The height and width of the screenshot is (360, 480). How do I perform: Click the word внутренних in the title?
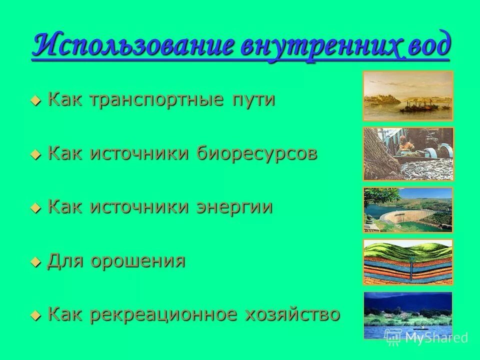click(x=319, y=47)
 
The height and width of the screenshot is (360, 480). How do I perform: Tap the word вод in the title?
click(x=427, y=47)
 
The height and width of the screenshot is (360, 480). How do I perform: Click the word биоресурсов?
click(x=256, y=153)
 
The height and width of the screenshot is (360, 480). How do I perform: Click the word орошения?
click(x=137, y=260)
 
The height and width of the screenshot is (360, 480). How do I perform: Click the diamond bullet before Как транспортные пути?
click(x=35, y=100)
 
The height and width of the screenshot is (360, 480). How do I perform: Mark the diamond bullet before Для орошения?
click(x=35, y=261)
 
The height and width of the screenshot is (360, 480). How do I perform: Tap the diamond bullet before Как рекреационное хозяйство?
click(x=35, y=315)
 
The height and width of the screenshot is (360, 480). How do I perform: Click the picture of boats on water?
click(x=407, y=96)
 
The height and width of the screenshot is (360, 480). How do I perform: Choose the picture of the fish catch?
click(x=407, y=154)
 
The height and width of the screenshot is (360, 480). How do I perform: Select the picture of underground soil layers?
click(x=407, y=262)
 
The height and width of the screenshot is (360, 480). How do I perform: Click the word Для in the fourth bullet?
click(x=65, y=260)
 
